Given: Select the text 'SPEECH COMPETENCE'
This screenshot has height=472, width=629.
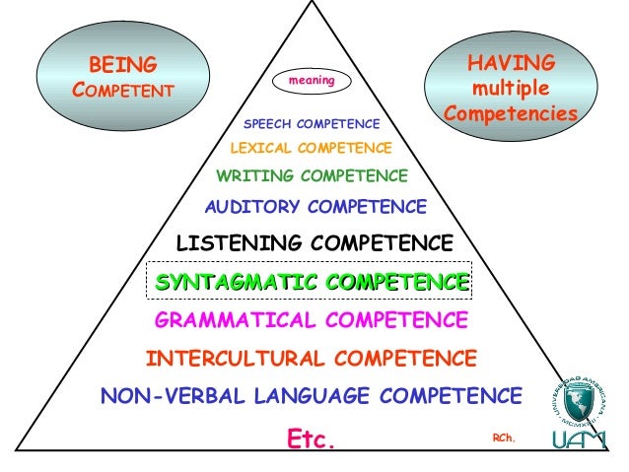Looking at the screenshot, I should pyautogui.click(x=312, y=124).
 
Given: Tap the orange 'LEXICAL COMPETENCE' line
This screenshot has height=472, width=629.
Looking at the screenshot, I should pyautogui.click(x=311, y=149).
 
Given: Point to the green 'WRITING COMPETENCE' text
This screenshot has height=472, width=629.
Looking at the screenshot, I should pyautogui.click(x=312, y=176).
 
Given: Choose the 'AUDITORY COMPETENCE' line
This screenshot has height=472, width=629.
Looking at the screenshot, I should pyautogui.click(x=315, y=208).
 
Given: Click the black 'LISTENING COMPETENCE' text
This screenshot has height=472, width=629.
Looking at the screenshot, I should pyautogui.click(x=314, y=242).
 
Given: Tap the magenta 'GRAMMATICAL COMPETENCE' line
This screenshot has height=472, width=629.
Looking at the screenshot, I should pyautogui.click(x=312, y=320).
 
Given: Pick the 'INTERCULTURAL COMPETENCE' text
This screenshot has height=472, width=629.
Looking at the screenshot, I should pyautogui.click(x=312, y=358).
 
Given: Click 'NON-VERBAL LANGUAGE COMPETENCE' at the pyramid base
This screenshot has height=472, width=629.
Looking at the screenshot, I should pyautogui.click(x=312, y=396).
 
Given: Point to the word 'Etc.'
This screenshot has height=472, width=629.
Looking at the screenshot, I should pyautogui.click(x=312, y=437).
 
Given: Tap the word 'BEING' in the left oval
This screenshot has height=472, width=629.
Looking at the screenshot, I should pyautogui.click(x=123, y=66).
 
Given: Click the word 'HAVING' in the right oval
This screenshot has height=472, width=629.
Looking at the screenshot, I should pyautogui.click(x=511, y=64).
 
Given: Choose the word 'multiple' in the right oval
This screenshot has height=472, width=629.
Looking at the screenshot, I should pyautogui.click(x=510, y=90).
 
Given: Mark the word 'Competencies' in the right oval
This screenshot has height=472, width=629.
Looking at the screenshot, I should pyautogui.click(x=510, y=115).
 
